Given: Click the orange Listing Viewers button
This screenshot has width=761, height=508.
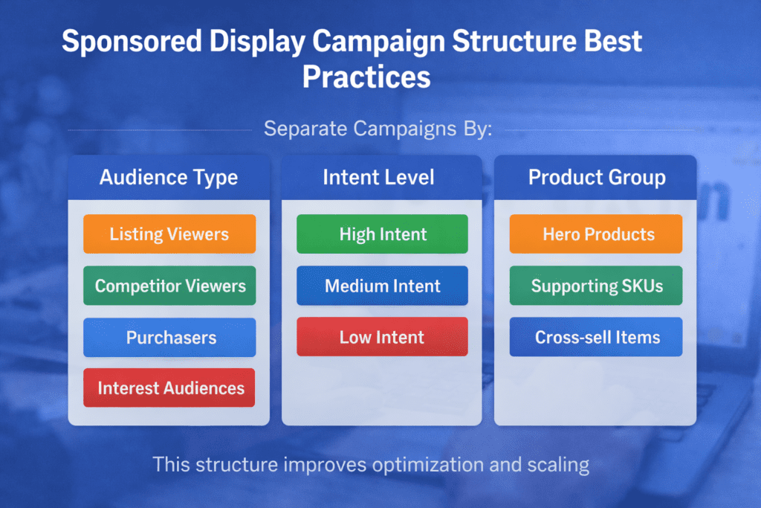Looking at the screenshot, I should click(169, 234).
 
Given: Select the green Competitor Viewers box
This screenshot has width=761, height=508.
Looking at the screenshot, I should click(169, 286).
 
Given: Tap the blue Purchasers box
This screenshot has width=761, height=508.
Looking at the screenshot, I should click(169, 338).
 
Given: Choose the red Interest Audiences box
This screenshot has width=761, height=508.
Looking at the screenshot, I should click(169, 388).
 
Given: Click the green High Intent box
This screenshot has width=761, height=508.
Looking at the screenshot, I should click(382, 234).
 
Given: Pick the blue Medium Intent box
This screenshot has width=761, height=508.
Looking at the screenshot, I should click(382, 286).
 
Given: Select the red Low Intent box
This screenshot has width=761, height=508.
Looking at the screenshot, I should click(382, 337).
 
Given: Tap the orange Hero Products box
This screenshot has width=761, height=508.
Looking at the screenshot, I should click(596, 234).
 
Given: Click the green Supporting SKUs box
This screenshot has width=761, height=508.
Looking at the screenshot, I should click(596, 286).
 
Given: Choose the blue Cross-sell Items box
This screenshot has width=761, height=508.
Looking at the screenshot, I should click(596, 337).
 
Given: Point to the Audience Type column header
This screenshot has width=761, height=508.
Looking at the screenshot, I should click(169, 178).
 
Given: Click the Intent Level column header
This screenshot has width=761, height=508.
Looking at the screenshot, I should click(378, 178).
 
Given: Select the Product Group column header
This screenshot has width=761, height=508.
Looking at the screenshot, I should click(596, 178).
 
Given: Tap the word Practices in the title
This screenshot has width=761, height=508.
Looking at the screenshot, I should click(366, 76).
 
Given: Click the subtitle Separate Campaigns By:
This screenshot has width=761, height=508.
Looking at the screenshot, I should click(378, 129).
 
